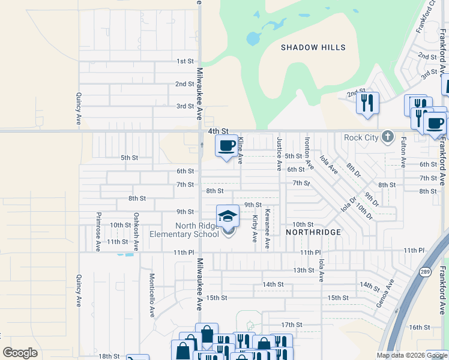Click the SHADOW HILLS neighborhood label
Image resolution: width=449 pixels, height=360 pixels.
click(x=314, y=47)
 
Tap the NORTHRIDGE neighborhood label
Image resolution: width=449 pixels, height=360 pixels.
click(x=313, y=232)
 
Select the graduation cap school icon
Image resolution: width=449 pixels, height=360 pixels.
click(x=228, y=215)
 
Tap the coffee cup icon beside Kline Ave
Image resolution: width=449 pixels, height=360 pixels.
click(x=226, y=146)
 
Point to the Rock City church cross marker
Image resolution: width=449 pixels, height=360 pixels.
click(x=388, y=137)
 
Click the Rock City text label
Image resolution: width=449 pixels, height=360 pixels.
click(x=361, y=138)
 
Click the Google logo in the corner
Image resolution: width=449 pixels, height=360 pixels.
click(x=20, y=353)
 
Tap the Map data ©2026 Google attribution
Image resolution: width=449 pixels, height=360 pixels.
click(x=411, y=355)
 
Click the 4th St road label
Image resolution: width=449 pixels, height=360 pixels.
click(x=218, y=131)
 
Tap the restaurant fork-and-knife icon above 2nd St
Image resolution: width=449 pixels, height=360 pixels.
click(x=367, y=103)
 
